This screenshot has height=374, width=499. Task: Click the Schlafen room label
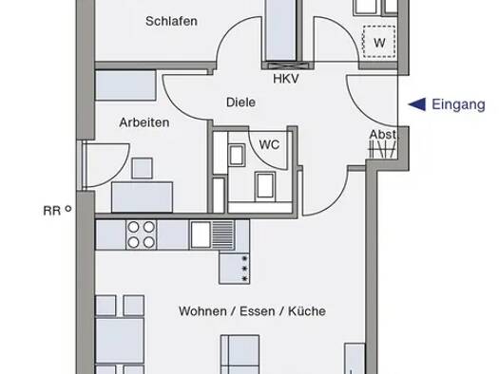pos(172,22)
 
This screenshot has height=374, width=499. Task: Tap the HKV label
pos(285,79)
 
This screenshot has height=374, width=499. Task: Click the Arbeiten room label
pos(144,123)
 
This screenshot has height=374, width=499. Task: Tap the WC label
pos(269,145)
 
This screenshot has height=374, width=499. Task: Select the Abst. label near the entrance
pos(383,135)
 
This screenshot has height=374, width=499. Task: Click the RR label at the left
pos(50,212)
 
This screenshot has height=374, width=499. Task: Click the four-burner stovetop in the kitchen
pos(142,233)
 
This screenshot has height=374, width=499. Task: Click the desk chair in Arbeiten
pos(144,169)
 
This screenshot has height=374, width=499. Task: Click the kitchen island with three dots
pos(234,268)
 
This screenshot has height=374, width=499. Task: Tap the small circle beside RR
pos(68,211)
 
